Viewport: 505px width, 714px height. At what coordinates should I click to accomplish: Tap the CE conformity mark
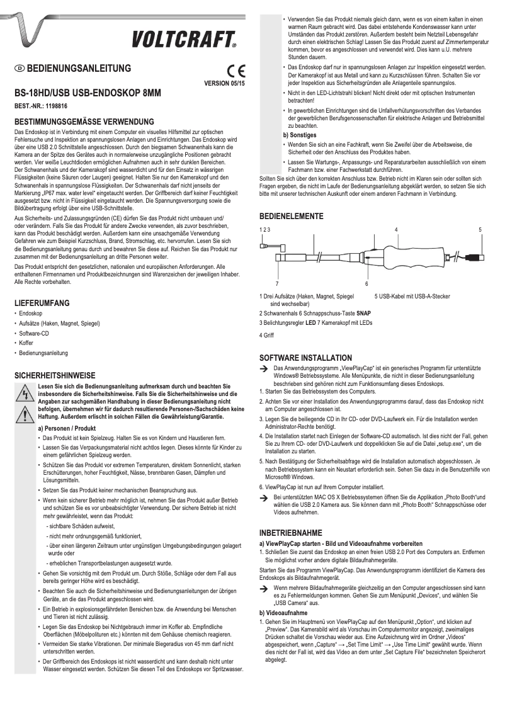[x=236, y=71]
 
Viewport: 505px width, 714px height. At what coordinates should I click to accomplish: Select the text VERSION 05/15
[x=225, y=82]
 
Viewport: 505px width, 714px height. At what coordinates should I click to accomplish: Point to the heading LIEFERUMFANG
[x=42, y=303]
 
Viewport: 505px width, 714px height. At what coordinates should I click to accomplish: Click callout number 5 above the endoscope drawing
[x=480, y=230]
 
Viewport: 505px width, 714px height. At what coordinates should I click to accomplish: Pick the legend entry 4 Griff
[x=268, y=335]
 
